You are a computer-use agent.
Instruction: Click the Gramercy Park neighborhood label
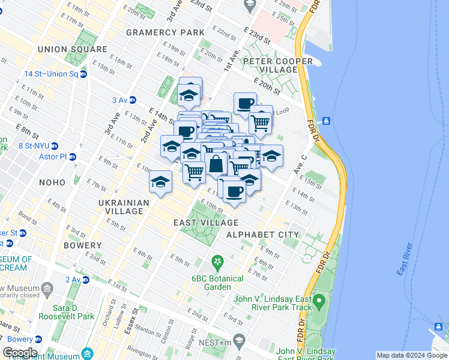click(161, 31)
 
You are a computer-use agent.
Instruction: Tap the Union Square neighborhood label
click(72, 49)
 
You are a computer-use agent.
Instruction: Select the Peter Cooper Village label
click(278, 65)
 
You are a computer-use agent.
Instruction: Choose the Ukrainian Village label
click(124, 207)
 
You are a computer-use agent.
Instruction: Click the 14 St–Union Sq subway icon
click(83, 74)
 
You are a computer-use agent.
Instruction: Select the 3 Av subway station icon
click(133, 100)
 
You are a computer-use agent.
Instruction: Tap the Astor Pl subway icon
click(73, 157)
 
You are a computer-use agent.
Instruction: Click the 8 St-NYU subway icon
click(54, 145)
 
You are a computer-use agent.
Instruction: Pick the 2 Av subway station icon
click(85, 280)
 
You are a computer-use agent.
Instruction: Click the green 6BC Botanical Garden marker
click(217, 262)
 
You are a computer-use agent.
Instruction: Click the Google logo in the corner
click(20, 353)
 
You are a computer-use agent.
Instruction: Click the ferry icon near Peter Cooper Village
click(326, 121)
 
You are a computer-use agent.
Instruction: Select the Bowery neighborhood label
click(82, 245)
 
